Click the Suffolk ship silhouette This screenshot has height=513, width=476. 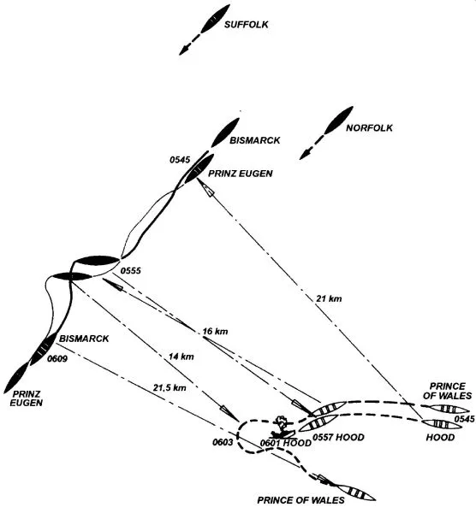tap(215, 19)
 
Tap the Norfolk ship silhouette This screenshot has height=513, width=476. tap(339, 120)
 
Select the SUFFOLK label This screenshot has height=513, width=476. tap(246, 25)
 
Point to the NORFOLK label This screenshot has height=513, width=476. tap(369, 127)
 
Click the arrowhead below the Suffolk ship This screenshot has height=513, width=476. tap(184, 50)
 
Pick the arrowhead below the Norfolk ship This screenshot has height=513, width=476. tap(305, 155)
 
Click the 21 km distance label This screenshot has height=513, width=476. tap(329, 298)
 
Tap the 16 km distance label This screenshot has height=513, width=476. tap(215, 331)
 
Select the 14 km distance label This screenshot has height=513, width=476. tap(181, 357)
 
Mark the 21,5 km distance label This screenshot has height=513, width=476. tap(170, 387)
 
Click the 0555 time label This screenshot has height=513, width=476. tap(131, 270)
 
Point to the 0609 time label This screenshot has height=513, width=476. tap(57, 359)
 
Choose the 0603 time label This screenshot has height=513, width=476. tap(223, 442)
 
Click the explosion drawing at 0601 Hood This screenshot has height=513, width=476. tap(282, 427)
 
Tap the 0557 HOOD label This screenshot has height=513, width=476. tap(338, 438)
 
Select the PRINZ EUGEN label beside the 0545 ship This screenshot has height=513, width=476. tap(241, 174)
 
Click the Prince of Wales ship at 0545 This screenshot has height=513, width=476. tap(449, 409)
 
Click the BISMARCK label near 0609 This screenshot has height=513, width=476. tap(84, 339)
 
